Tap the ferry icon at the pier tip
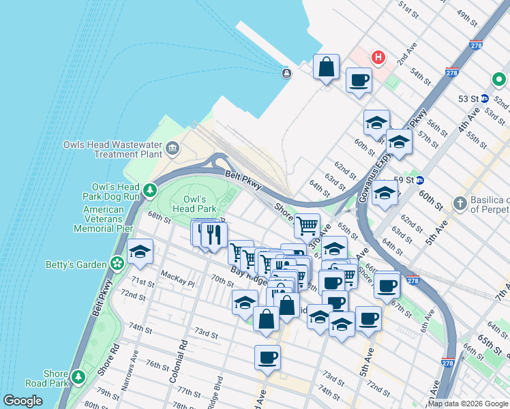point(286,73)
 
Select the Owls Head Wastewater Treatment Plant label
point(112,149)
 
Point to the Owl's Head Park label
point(194,203)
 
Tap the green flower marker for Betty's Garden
point(117,263)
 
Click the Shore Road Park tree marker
point(78,376)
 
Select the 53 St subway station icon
point(484,98)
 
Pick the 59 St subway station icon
point(421,181)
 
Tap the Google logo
point(22,401)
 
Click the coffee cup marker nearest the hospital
point(358,80)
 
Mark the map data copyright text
point(468,404)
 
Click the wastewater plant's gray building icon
point(172,148)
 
